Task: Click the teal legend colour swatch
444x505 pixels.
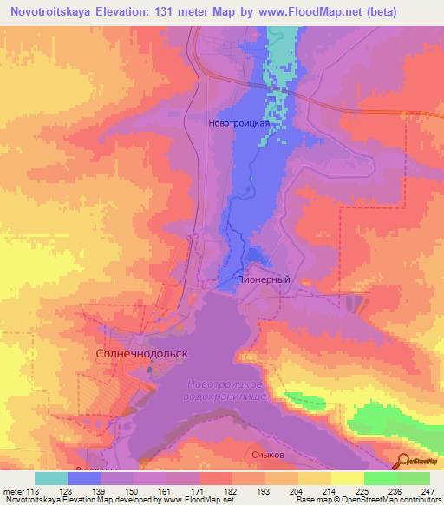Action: click(51, 478)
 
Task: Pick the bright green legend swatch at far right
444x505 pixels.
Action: click(414, 478)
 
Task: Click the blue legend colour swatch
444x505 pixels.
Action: click(84, 478)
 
